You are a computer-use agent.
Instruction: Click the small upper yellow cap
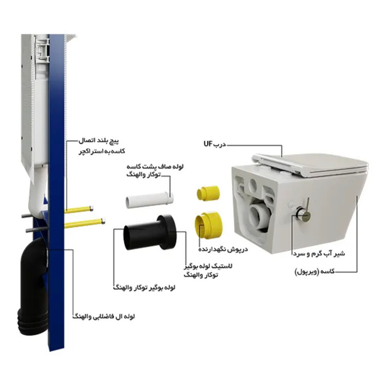208,193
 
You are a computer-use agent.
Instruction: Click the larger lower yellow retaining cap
209,225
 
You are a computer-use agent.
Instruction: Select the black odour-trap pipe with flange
150,232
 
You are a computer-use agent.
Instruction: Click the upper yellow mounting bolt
79,210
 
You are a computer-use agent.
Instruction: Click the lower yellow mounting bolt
85,223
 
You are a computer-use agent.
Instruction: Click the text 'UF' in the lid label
208,144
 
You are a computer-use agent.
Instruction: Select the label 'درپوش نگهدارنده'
223,249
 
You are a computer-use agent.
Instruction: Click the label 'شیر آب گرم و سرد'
319,253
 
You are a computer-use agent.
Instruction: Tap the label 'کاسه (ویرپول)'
314,271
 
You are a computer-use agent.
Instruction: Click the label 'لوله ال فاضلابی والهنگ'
103,316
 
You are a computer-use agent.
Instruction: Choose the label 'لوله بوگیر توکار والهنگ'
144,287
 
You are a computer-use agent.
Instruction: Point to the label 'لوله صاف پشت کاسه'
155,167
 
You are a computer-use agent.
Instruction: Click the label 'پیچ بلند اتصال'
98,141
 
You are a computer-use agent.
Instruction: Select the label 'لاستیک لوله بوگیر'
208,266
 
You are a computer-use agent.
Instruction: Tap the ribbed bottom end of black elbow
32,322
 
